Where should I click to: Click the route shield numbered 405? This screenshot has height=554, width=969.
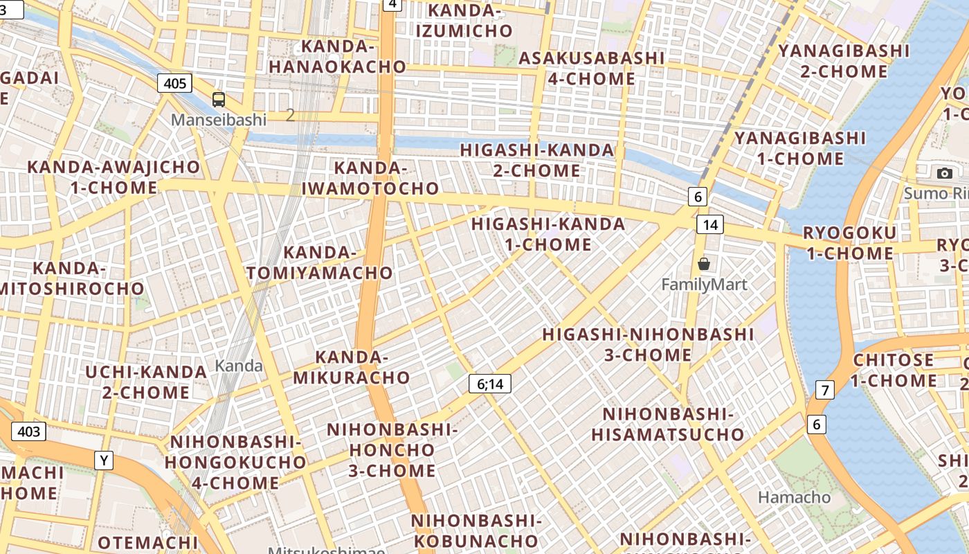(x=174, y=84)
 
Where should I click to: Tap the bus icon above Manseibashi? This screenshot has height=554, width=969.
(x=219, y=100)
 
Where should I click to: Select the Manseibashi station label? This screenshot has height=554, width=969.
(x=219, y=120)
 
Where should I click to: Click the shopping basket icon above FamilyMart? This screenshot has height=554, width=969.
(x=704, y=264)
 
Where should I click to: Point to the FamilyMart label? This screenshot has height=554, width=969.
(x=704, y=284)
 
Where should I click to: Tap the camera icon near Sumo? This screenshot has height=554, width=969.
(x=944, y=173)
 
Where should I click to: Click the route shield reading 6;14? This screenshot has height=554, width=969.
(x=489, y=384)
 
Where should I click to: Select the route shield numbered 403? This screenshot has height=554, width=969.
(x=28, y=431)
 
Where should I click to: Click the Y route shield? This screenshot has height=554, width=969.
(x=104, y=460)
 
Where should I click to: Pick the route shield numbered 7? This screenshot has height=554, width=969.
(x=824, y=390)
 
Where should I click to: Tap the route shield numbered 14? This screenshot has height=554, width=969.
(x=710, y=224)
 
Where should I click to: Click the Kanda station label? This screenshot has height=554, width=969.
(x=239, y=366)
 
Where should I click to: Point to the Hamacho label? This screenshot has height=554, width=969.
(x=794, y=497)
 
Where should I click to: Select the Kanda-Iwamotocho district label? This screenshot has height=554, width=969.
(x=370, y=178)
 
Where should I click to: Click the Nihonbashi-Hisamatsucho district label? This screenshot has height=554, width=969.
(x=667, y=425)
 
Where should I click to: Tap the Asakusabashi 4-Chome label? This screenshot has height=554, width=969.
(x=591, y=68)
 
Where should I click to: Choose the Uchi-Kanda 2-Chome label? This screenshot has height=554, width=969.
(x=146, y=382)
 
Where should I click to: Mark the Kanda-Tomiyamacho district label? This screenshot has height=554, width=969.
(x=320, y=263)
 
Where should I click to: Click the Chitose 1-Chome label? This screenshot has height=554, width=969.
(x=894, y=370)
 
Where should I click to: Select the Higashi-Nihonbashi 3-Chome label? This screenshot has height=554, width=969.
(x=648, y=344)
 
